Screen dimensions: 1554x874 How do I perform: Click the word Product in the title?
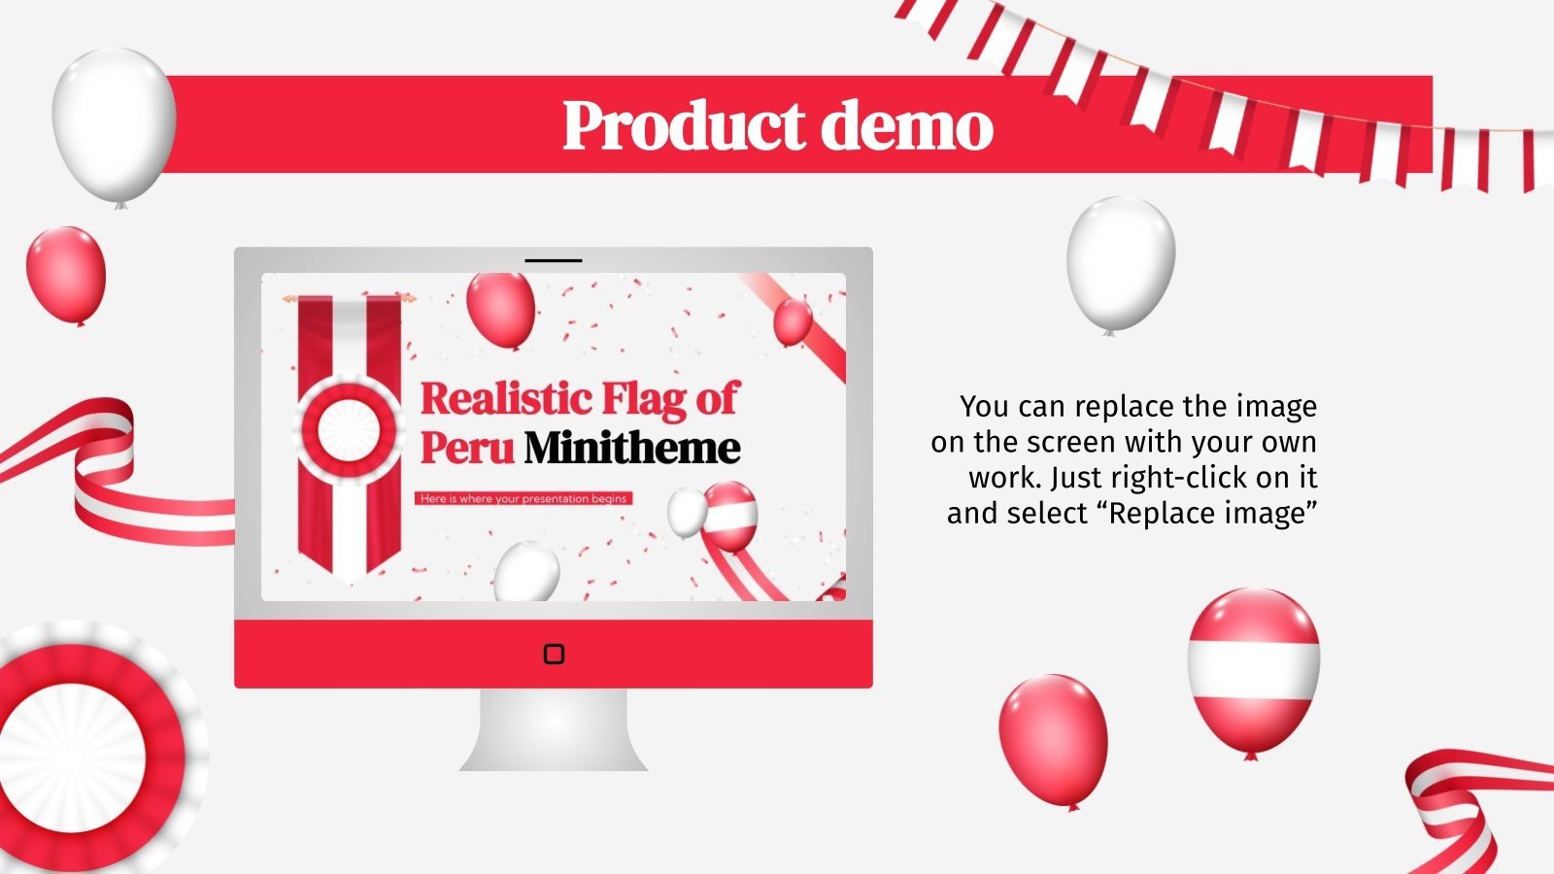coord(684,125)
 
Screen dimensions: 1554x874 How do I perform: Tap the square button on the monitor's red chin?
coord(554,655)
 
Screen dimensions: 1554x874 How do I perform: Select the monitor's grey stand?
coord(554,729)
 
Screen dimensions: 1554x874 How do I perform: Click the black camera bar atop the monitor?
coord(554,261)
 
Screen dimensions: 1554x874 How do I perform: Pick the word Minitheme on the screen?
coord(632,448)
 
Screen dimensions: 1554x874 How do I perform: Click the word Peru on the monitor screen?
coord(467,448)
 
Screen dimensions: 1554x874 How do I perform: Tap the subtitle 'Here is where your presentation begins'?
coord(524,498)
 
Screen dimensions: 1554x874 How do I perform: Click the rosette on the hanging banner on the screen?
coord(349,431)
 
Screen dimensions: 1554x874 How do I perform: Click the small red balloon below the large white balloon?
coord(67,276)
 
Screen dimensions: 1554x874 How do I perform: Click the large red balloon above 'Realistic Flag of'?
coord(500,310)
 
